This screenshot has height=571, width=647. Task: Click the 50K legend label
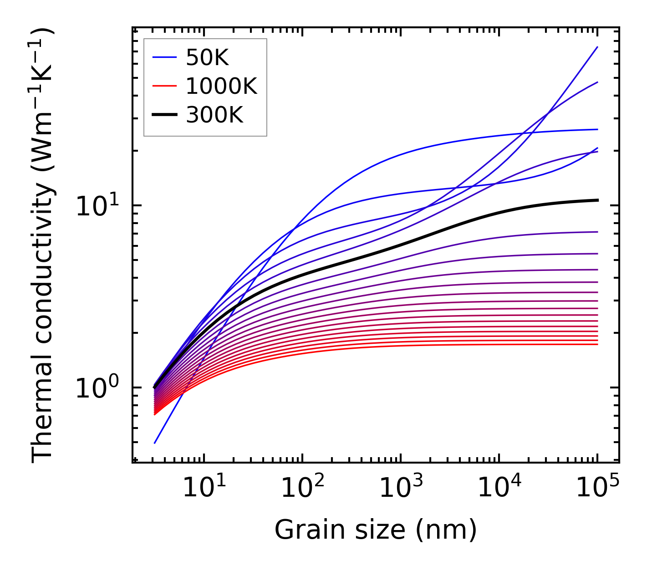pos(207,58)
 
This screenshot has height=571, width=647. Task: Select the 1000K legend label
pos(221,86)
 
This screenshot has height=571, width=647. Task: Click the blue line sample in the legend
pos(164,58)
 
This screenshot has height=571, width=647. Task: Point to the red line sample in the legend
pos(164,87)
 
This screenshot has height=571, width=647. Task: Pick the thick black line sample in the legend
pos(164,115)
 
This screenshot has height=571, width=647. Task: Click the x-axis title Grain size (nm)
pos(376,530)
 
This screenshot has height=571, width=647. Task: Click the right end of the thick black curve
pos(597,200)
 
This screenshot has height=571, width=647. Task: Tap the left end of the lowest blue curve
pos(155,443)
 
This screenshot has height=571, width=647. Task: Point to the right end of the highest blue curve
pos(597,47)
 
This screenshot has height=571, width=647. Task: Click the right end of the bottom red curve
pos(597,344)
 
